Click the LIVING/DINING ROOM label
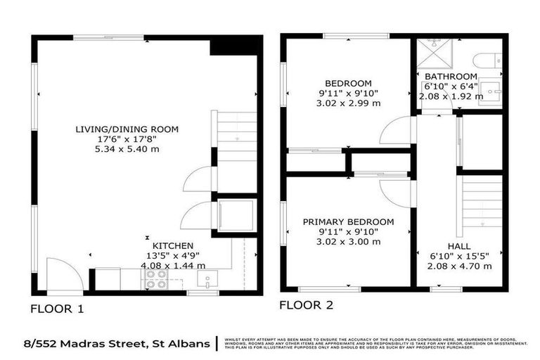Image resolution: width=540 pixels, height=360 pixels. tap(127, 129)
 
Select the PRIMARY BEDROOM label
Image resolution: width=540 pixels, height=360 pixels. tap(348, 221)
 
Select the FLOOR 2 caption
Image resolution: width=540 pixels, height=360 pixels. tap(307, 305)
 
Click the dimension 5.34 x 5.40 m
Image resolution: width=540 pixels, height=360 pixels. tap(127, 149)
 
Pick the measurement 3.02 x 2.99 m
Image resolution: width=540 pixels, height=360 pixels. tap(348, 103)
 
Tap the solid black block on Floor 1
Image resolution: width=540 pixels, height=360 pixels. tap(235, 46)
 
